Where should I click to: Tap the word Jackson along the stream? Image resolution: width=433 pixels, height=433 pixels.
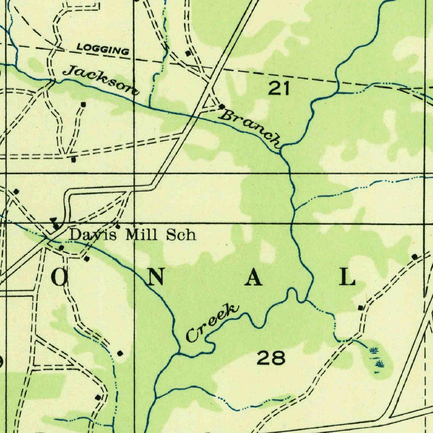[x=101, y=79]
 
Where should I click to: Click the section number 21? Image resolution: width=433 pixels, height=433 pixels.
[x=280, y=88]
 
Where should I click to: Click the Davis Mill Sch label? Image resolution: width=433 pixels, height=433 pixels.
[x=133, y=234]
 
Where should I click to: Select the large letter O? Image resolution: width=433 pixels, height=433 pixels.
[x=60, y=277]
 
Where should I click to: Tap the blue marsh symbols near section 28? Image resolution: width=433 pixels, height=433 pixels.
[x=376, y=357]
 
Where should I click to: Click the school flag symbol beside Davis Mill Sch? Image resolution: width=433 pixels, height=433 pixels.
[x=55, y=223]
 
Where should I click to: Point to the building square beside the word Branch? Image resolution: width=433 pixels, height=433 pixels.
[x=221, y=106]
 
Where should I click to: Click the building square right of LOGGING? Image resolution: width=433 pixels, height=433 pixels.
[x=188, y=53]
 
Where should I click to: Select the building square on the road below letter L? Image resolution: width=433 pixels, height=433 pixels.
[x=360, y=307]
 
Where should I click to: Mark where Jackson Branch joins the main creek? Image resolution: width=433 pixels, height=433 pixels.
[x=282, y=148]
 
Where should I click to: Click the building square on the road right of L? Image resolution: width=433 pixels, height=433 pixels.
[x=414, y=256]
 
